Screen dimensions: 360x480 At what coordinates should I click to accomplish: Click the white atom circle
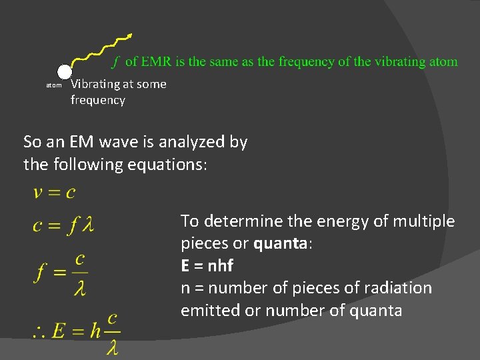point(64,72)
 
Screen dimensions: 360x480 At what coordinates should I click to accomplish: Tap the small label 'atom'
point(53,85)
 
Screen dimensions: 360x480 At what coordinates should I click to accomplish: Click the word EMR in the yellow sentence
point(155,62)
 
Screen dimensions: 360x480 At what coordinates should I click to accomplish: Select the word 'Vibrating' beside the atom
point(95,84)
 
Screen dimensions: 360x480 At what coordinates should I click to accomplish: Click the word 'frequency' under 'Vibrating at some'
point(98,100)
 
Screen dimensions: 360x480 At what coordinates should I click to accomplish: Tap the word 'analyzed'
point(189,142)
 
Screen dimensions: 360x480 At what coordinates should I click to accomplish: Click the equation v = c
point(54,193)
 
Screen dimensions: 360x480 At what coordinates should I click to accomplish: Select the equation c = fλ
point(64,225)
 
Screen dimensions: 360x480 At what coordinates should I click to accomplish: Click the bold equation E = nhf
point(207,266)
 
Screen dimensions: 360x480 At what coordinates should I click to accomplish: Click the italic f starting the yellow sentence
point(115,62)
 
